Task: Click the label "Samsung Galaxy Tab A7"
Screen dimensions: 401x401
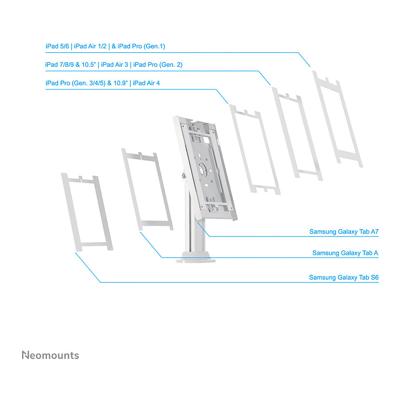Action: (x=344, y=231)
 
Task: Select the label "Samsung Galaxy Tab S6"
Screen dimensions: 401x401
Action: (x=344, y=278)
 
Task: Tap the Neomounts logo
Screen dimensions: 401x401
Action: (x=50, y=355)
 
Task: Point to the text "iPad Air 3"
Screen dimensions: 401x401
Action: (x=115, y=65)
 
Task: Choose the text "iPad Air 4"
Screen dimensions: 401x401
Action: (x=147, y=83)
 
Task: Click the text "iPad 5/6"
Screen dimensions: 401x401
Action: (x=57, y=46)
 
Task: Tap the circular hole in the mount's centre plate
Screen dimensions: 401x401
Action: (x=203, y=170)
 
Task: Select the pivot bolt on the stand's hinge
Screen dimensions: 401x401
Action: (x=184, y=176)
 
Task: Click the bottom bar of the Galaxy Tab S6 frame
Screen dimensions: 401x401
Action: (x=94, y=245)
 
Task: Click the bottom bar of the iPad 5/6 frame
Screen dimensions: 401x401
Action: (x=349, y=155)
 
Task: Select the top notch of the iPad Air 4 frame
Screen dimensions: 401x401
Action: (x=246, y=112)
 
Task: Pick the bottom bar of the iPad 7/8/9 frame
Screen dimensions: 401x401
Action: (x=308, y=174)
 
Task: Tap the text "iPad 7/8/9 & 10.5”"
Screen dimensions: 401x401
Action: (x=70, y=65)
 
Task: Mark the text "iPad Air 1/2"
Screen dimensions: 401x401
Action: (x=90, y=46)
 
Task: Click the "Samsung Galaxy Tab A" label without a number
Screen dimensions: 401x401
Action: (x=345, y=253)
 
